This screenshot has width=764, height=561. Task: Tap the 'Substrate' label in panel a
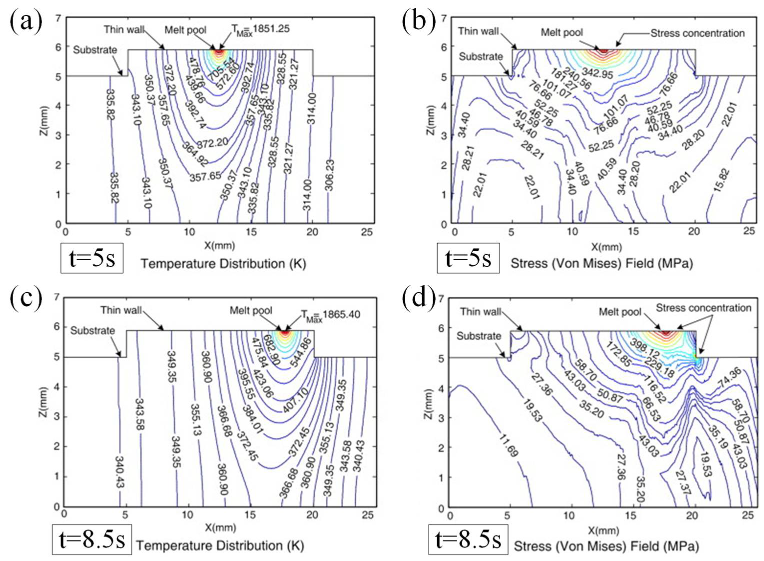[x=95, y=50]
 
